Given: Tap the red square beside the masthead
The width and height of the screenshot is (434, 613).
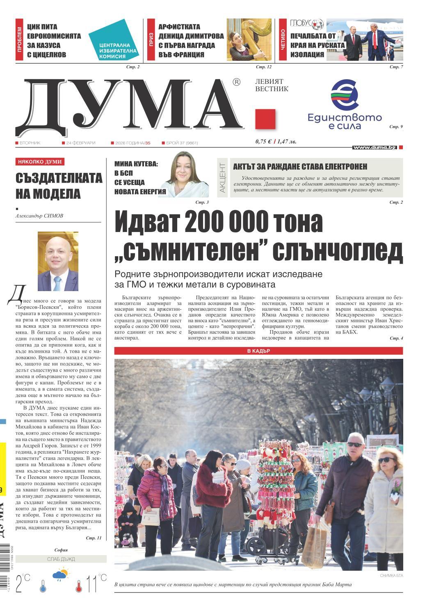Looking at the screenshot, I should pos(265,119).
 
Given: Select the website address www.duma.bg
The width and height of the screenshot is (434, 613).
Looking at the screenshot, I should pos(375,147).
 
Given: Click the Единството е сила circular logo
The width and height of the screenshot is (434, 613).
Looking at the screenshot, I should pos(345,95).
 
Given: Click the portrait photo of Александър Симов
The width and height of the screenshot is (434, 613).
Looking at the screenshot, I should pos(58,261).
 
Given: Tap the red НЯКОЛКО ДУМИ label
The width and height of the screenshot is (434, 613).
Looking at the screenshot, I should pos(40,162).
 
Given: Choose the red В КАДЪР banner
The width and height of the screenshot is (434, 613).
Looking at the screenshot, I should pos(258,351).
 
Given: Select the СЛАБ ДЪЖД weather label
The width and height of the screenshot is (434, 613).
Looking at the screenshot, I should pos(61,559).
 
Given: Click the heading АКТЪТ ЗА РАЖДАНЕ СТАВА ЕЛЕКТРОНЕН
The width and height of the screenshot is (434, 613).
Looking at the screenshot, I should pos(300,167).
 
